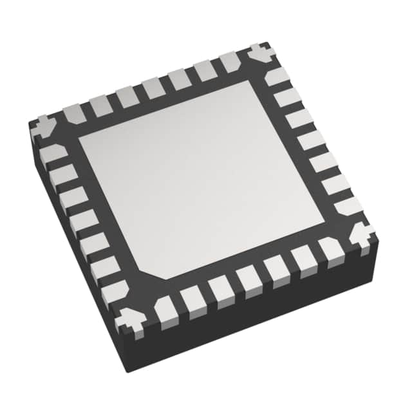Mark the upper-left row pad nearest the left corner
pyautogui.click(x=73, y=115)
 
